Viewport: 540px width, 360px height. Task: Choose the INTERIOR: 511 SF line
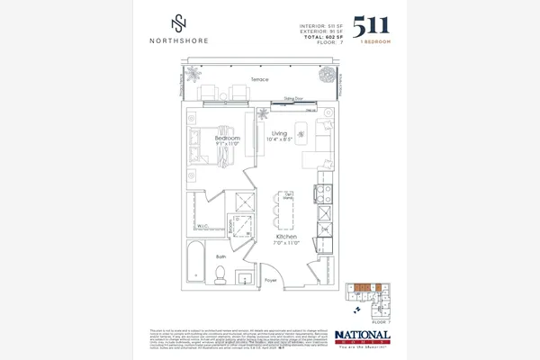pyautogui.click(x=322, y=24)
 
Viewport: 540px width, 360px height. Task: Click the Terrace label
pyautogui.click(x=261, y=80)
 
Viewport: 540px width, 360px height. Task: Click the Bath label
pyautogui.click(x=220, y=256)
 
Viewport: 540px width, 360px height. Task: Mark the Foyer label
pyautogui.click(x=270, y=281)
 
